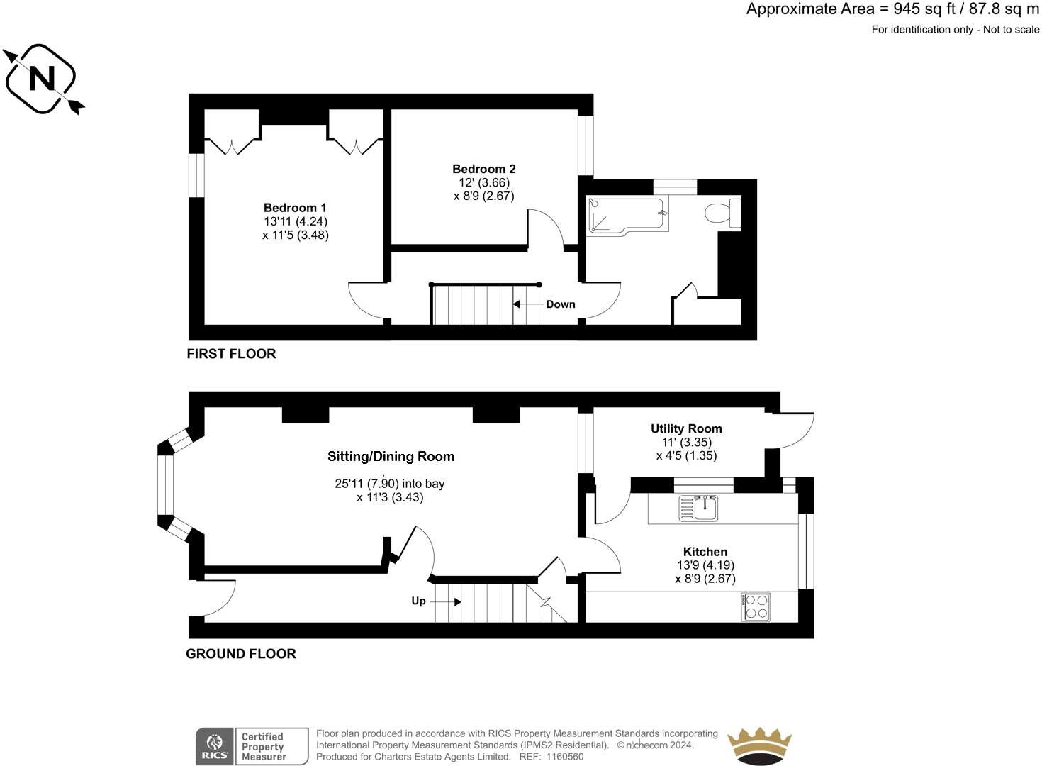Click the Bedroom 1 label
pyautogui.click(x=295, y=208)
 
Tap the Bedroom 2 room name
pyautogui.click(x=483, y=169)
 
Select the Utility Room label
pyautogui.click(x=686, y=428)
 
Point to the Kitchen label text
pyautogui.click(x=705, y=552)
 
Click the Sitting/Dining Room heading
pyautogui.click(x=391, y=457)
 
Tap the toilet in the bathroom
pyautogui.click(x=723, y=213)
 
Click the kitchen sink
pyautogui.click(x=698, y=508)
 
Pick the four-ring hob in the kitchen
pyautogui.click(x=756, y=607)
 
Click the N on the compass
pyautogui.click(x=42, y=78)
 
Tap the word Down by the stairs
pyautogui.click(x=561, y=304)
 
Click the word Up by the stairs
pyautogui.click(x=419, y=601)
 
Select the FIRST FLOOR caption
pyautogui.click(x=231, y=354)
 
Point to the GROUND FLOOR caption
pyautogui.click(x=241, y=654)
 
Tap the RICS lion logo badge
pyautogui.click(x=215, y=746)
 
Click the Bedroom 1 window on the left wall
pyautogui.click(x=196, y=175)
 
